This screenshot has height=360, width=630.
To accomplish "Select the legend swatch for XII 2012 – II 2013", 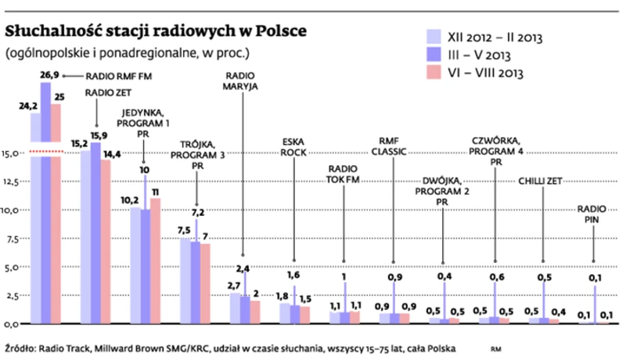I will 434,37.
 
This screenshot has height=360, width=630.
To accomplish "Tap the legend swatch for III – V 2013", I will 434,55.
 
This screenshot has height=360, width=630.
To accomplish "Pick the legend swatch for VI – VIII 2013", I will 434,73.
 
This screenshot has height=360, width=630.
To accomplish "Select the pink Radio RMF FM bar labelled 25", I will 56,211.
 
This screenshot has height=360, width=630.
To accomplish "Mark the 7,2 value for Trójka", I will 197,212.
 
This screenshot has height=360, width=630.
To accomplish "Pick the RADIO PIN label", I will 592,214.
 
